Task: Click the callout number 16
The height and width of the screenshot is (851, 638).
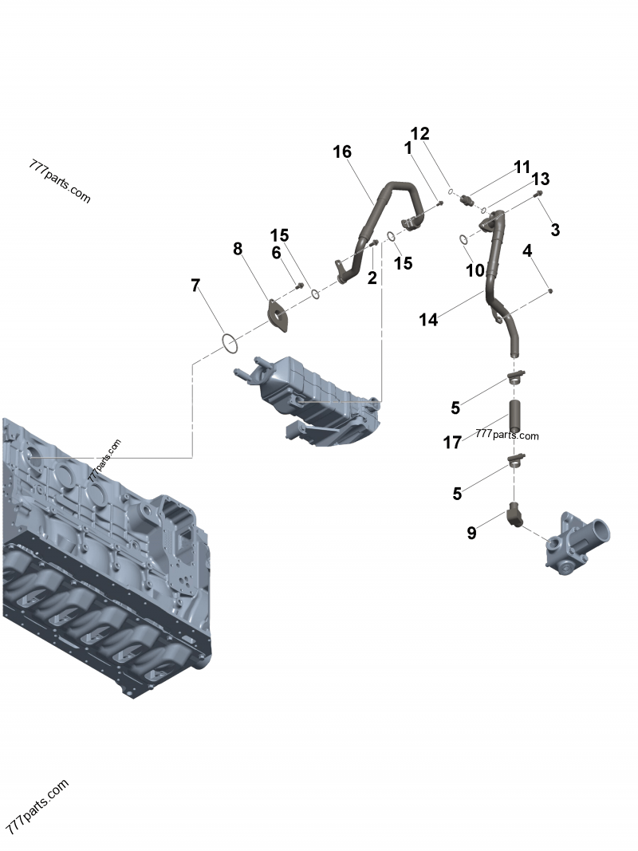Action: point(342,152)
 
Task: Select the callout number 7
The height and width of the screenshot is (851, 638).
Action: point(195,286)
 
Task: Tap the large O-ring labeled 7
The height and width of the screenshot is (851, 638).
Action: point(229,345)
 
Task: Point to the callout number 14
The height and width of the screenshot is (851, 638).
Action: point(428,320)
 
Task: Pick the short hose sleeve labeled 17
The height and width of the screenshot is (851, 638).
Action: point(514,416)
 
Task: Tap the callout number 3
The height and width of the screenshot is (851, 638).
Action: point(555,230)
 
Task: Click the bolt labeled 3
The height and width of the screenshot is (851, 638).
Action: point(539,194)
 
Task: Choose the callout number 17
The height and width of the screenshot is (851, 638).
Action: point(452,442)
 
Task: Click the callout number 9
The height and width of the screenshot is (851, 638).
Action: point(471,533)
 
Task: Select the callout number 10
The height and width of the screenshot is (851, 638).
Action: point(475,270)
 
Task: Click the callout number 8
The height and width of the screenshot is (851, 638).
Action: point(238,249)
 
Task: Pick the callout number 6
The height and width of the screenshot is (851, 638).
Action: point(277,253)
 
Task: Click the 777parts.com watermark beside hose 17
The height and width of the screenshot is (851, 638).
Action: point(507,435)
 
